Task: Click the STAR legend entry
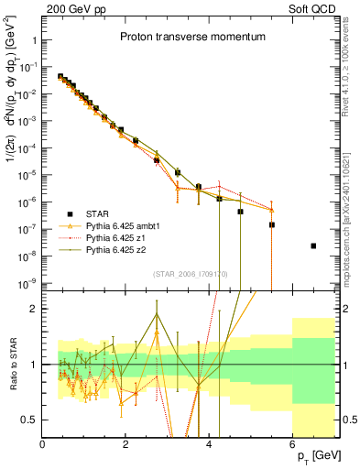coord(100,213)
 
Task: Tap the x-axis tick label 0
coord(42,445)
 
